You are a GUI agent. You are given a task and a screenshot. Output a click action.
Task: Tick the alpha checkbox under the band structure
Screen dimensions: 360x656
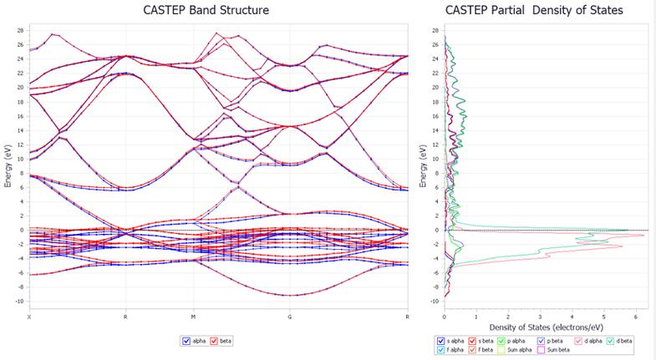pos(186,341)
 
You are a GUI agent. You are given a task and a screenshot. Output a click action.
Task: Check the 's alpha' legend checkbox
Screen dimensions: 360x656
pos(440,341)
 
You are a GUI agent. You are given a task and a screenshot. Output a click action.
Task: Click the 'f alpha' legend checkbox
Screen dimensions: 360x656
pos(440,351)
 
